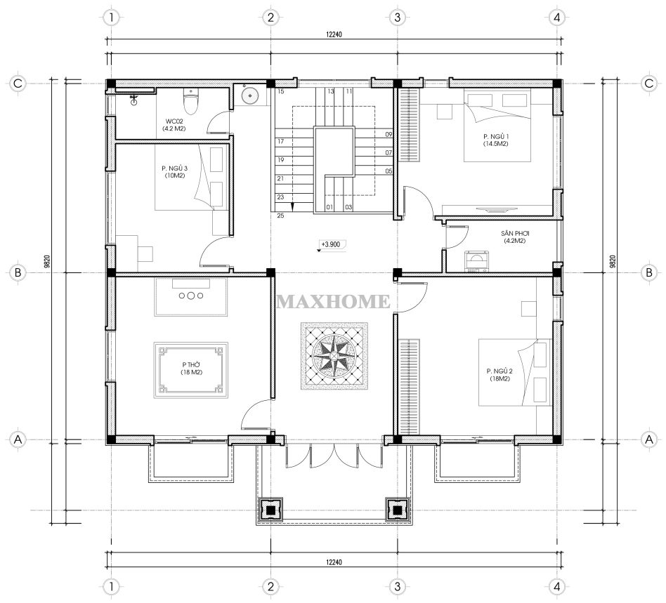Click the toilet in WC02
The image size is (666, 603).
click(x=190, y=101)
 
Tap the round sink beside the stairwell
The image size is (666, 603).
click(x=250, y=95)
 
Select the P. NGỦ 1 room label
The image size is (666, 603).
click(x=496, y=140)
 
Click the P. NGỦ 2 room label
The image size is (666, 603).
click(x=499, y=375)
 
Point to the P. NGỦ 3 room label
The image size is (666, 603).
click(x=174, y=171)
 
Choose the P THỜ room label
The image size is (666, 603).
click(x=191, y=369)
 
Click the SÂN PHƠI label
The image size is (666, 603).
click(x=515, y=237)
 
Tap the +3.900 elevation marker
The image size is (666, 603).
click(x=332, y=245)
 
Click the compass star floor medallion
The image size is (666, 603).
click(x=334, y=356)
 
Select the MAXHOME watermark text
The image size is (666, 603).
click(x=333, y=302)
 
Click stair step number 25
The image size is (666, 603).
click(x=280, y=216)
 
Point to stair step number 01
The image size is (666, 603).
click(x=329, y=208)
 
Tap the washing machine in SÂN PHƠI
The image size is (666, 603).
click(x=477, y=261)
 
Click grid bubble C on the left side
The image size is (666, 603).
click(x=18, y=83)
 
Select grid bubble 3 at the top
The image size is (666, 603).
click(x=397, y=18)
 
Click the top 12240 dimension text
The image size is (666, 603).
click(x=334, y=35)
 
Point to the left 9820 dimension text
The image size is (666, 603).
click(x=47, y=261)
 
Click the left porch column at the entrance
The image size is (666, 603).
click(x=269, y=509)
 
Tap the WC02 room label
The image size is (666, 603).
click(x=174, y=124)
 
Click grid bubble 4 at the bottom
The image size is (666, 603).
click(x=557, y=587)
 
